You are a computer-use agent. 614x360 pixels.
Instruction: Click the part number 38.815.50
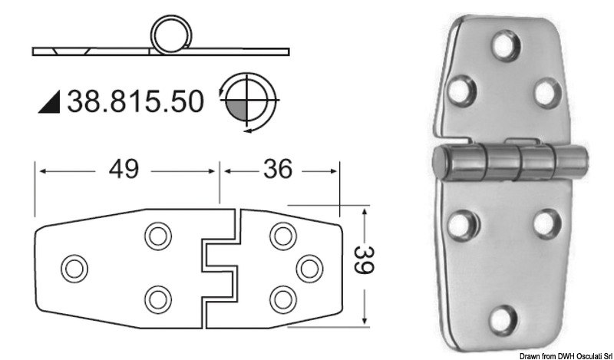coord(136,100)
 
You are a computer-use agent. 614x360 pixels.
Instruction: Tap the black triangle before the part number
coord(51,101)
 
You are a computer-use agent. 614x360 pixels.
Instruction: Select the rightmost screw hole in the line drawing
coord(309,266)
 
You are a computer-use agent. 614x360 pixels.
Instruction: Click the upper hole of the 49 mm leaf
coord(157,236)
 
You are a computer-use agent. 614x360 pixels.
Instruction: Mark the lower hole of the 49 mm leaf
coord(157,297)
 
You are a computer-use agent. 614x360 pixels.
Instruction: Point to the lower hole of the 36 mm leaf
coord(282,297)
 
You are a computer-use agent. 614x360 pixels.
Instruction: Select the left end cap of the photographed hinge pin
coord(442,163)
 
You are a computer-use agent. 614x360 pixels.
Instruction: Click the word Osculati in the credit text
coord(577,355)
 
